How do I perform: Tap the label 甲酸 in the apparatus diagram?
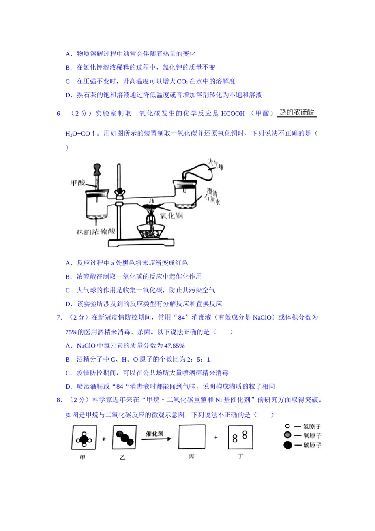[x=78, y=183]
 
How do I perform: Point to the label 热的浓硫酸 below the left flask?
[x=96, y=232]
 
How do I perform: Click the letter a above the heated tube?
[x=151, y=201]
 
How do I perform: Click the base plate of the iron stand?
[x=142, y=243]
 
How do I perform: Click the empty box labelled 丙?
[x=192, y=437]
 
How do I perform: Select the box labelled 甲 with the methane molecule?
[x=84, y=437]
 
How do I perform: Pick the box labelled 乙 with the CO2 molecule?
[x=124, y=437]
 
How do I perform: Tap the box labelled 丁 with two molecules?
[x=240, y=437]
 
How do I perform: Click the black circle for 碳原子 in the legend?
[x=288, y=445]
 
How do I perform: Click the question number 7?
[x=59, y=318]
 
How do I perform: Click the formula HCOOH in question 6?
[x=233, y=114]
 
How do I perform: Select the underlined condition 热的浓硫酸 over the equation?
[x=297, y=113]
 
